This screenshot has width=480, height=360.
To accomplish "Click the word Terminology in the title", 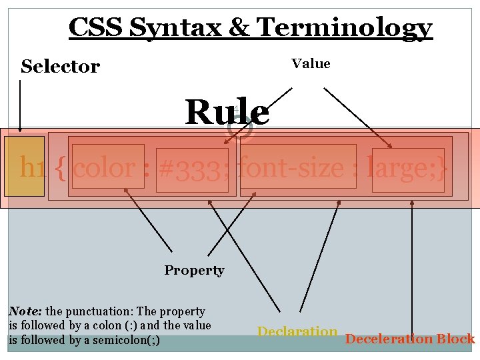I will [x=345, y=28].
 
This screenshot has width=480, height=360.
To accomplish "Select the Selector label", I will [x=60, y=66].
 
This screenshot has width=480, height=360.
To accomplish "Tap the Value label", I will [x=311, y=63].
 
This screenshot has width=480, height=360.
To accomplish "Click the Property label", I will [x=194, y=270].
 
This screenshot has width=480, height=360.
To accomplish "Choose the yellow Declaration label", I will [x=297, y=331].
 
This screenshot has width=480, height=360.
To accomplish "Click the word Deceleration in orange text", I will [x=389, y=339].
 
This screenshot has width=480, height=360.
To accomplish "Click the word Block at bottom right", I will [x=456, y=339].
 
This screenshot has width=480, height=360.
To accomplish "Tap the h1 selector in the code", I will [x=33, y=167].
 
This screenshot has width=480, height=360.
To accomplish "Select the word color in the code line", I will [x=105, y=167].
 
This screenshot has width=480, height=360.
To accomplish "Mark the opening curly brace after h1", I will [x=61, y=167].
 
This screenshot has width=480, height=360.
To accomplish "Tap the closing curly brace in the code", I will [x=442, y=167].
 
